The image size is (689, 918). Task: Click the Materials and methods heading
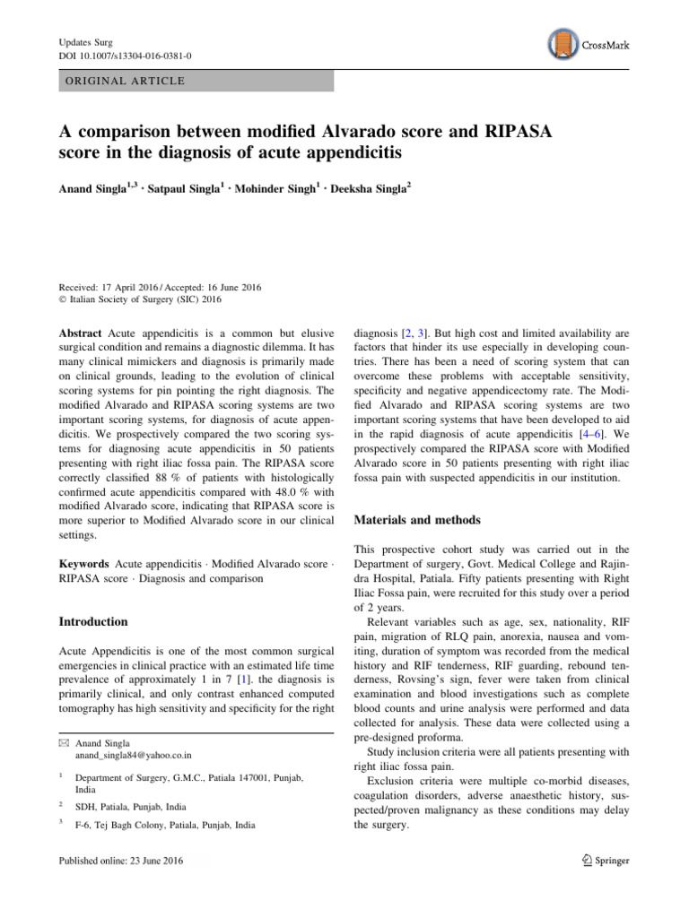coord(417,519)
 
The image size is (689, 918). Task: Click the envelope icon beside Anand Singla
coord(63,743)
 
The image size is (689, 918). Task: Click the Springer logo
coord(603,861)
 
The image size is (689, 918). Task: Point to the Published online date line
coord(119,861)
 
